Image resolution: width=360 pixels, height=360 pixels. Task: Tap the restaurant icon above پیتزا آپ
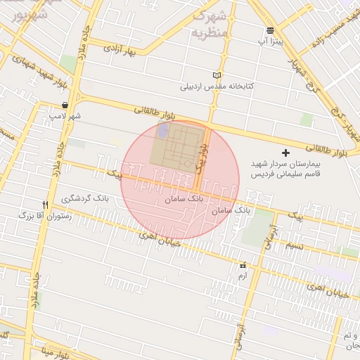click(271, 30)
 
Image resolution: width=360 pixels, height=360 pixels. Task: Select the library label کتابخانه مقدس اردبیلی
click(218, 87)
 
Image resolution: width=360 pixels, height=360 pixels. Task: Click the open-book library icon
click(217, 75)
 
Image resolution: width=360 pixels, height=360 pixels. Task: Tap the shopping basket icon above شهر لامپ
click(65, 105)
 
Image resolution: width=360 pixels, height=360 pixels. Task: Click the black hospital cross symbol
click(285, 153)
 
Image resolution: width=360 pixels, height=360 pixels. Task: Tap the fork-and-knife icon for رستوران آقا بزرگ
click(45, 205)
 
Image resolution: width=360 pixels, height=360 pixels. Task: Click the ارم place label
click(243, 276)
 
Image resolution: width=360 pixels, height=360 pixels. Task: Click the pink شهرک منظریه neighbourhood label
click(209, 24)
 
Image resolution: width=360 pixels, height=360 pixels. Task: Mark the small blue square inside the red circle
click(164, 131)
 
